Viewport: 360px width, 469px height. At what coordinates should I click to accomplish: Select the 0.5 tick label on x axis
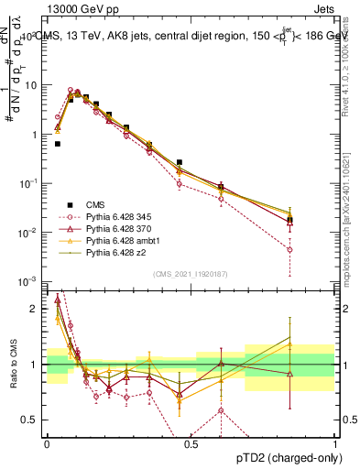pos(191,442)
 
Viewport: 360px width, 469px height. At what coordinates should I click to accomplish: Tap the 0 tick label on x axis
pos(47,442)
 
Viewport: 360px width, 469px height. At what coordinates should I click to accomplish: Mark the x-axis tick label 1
pos(334,442)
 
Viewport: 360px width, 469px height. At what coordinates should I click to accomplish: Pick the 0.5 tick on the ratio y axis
pos(33,420)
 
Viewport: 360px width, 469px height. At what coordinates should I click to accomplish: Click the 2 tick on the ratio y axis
pos(38,309)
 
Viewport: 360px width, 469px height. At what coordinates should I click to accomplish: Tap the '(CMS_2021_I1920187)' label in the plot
pos(191,273)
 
